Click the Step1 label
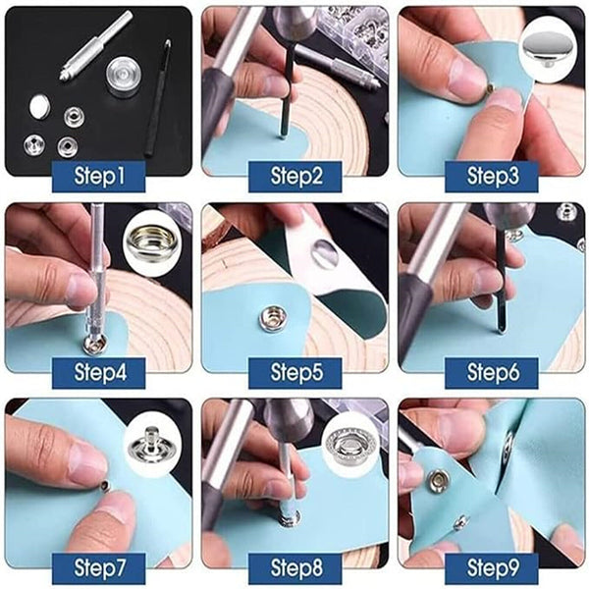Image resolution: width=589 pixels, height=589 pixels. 99,177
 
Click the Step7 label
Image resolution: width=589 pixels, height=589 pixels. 99,567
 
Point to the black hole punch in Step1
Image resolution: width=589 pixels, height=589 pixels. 156,98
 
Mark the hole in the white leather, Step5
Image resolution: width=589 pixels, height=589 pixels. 323,254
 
